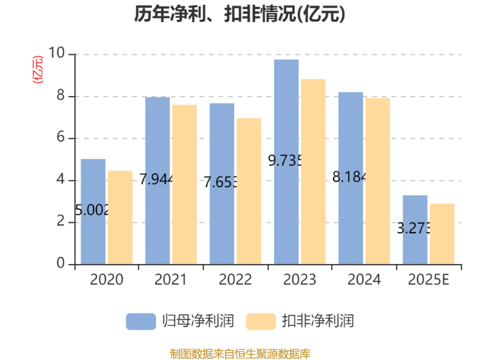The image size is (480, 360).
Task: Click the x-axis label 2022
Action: point(235,280)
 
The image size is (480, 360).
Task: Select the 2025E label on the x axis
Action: point(428,280)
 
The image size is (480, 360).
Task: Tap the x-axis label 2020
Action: point(106,280)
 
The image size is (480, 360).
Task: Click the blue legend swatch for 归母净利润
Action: point(140,321)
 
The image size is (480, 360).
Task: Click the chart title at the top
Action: point(239,14)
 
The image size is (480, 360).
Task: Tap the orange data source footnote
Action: point(240,353)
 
